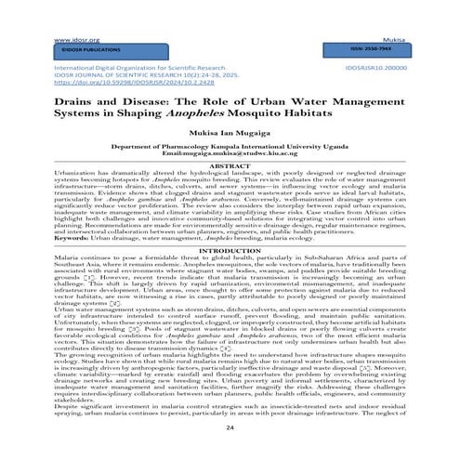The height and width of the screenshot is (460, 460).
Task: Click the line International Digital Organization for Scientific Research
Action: pos(139,69)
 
